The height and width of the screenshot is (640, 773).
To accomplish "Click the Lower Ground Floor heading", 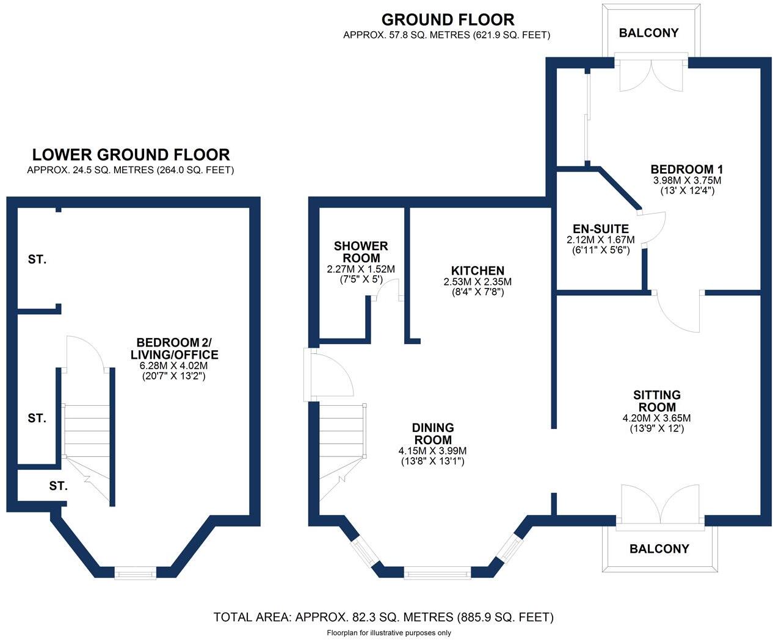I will [131, 155].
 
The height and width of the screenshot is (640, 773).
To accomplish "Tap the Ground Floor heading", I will [448, 20].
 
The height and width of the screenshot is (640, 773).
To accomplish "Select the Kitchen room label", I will [477, 271].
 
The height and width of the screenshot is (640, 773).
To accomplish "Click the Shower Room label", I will [360, 252].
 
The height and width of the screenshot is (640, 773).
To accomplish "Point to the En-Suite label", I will [600, 229].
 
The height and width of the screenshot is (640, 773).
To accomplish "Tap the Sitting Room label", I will [656, 401].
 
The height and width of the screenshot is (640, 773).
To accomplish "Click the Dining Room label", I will [433, 434].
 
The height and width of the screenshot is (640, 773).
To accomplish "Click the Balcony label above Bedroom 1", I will [648, 33].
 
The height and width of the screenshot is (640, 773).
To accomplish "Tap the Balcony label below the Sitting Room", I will [659, 549].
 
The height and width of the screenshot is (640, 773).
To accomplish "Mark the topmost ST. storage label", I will [37, 260].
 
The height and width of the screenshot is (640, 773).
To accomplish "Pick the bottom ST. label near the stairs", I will [58, 486].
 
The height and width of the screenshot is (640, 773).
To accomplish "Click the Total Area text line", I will [383, 617].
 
